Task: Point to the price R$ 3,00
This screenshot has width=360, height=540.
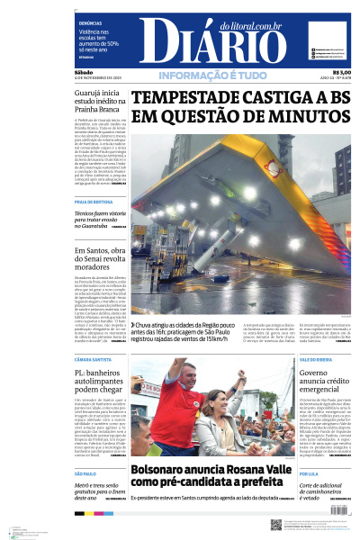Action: pyautogui.click(x=341, y=72)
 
